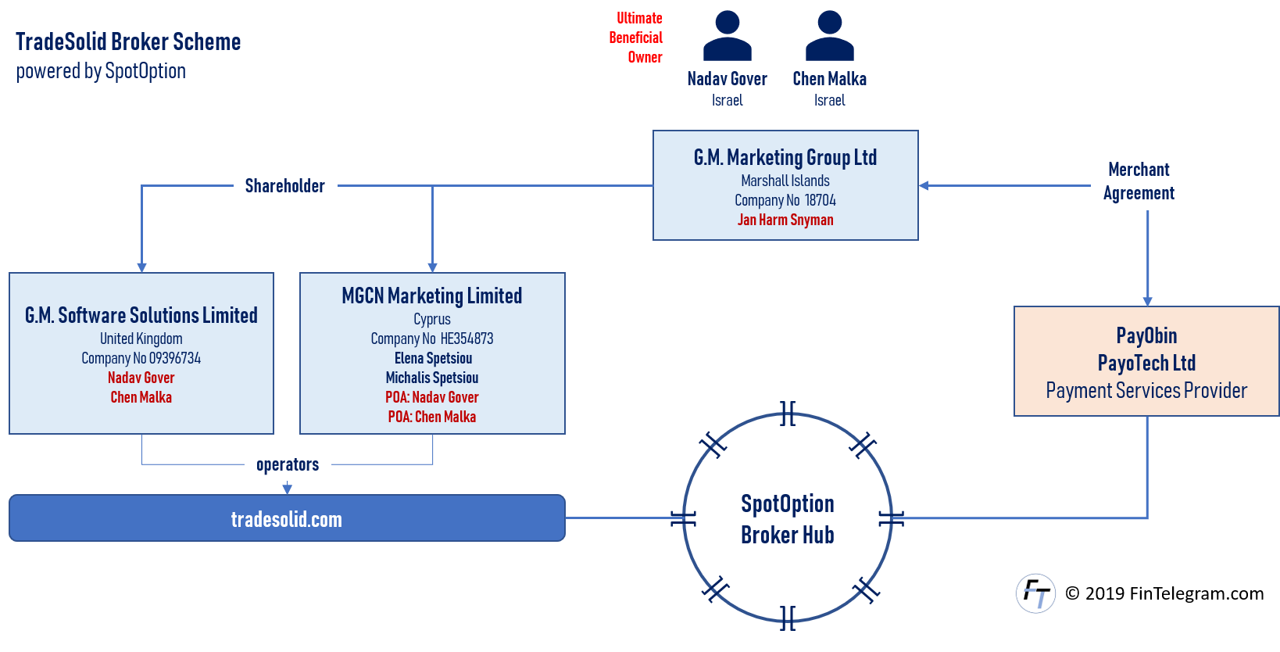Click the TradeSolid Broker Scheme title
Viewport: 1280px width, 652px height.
tap(128, 41)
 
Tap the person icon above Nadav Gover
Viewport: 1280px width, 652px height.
tap(727, 36)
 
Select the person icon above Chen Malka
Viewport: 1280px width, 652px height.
tap(829, 36)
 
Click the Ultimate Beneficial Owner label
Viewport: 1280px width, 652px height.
tap(636, 37)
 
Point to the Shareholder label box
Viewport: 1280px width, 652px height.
tap(285, 185)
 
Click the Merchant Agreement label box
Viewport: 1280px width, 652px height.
tap(1139, 181)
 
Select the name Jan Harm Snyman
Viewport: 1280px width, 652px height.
tap(785, 220)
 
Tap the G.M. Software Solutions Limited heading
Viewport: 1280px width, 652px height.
tap(141, 315)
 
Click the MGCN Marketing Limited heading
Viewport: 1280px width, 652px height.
tap(432, 296)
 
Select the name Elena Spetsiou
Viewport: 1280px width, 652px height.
tap(433, 358)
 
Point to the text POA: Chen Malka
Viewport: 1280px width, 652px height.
tap(432, 417)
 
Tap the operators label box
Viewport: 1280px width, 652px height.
tap(288, 464)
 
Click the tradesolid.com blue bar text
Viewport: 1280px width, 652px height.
tap(287, 519)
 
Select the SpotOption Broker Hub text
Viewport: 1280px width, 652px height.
tap(788, 518)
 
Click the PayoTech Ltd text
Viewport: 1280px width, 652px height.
tap(1146, 363)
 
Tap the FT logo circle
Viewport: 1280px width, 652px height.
tap(1035, 593)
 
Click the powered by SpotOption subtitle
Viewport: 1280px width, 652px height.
tap(101, 71)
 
